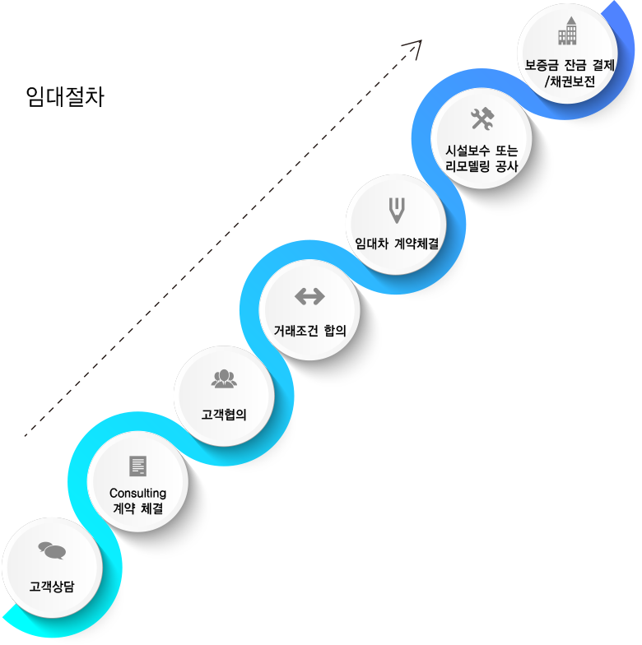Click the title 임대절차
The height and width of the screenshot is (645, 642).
coord(65,97)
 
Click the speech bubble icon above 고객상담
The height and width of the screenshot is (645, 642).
coord(52,550)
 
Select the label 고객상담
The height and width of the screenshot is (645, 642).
coord(52,586)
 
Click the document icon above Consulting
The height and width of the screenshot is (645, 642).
coord(138,466)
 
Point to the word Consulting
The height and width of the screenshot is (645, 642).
coord(138,493)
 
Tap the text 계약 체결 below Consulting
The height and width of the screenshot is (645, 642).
coord(138,508)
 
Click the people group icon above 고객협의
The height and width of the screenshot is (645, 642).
coord(224,378)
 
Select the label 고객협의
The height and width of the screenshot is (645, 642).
coord(224,415)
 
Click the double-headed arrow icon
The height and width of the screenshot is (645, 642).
coord(309,296)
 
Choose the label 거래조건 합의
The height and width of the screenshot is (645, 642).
coord(309,331)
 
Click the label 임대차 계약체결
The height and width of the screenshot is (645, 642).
coord(397,244)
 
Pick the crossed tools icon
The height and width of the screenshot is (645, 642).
coord(482,118)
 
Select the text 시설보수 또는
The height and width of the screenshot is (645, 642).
coord(482,151)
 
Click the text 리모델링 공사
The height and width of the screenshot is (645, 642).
coord(482,166)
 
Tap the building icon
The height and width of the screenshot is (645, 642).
coord(568,31)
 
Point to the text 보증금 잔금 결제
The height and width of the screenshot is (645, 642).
coord(570,65)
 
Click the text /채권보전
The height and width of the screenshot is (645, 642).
coord(570,81)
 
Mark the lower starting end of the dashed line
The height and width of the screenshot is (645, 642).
coord(25,435)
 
